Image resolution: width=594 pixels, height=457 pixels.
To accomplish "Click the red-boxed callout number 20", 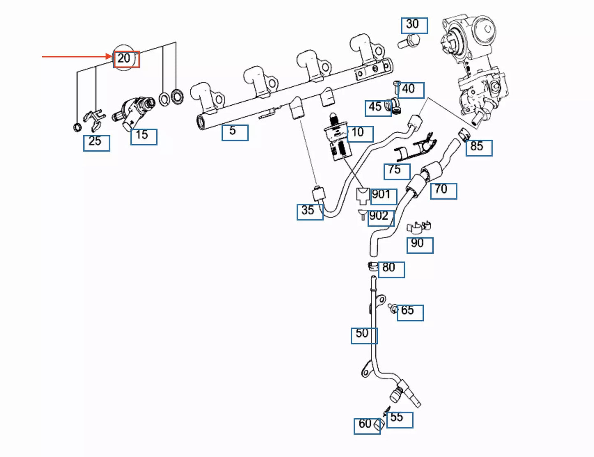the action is point(127,59).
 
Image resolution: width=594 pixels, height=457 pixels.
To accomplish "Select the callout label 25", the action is point(97,143).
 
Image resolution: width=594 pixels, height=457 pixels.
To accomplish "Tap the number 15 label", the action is point(144,137).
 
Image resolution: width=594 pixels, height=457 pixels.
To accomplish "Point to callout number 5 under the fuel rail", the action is point(235,133).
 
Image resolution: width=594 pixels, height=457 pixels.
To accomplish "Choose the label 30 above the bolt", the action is point(414,25).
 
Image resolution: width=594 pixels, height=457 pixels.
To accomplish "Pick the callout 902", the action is point(381,218).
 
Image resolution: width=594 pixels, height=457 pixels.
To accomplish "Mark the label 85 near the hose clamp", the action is point(479,148).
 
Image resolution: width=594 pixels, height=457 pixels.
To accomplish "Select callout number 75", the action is point(397,171).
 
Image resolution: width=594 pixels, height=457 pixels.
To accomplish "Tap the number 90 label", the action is point(420,245).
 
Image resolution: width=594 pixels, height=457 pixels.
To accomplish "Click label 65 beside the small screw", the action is point(410,313).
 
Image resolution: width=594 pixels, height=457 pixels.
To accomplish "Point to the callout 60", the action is point(367,426).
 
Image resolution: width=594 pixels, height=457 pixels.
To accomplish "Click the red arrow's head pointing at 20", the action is point(111,57).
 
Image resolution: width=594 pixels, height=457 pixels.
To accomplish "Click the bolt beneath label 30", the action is point(408,41).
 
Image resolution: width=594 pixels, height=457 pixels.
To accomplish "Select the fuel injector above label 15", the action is point(134,113).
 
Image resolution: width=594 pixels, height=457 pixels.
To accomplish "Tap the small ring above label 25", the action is point(77,127).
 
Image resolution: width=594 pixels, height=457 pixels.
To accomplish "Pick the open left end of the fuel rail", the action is point(201,122).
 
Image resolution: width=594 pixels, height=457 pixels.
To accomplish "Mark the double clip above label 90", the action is point(418,228).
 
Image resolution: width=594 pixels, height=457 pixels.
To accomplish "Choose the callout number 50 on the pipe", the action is point(364,336).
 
